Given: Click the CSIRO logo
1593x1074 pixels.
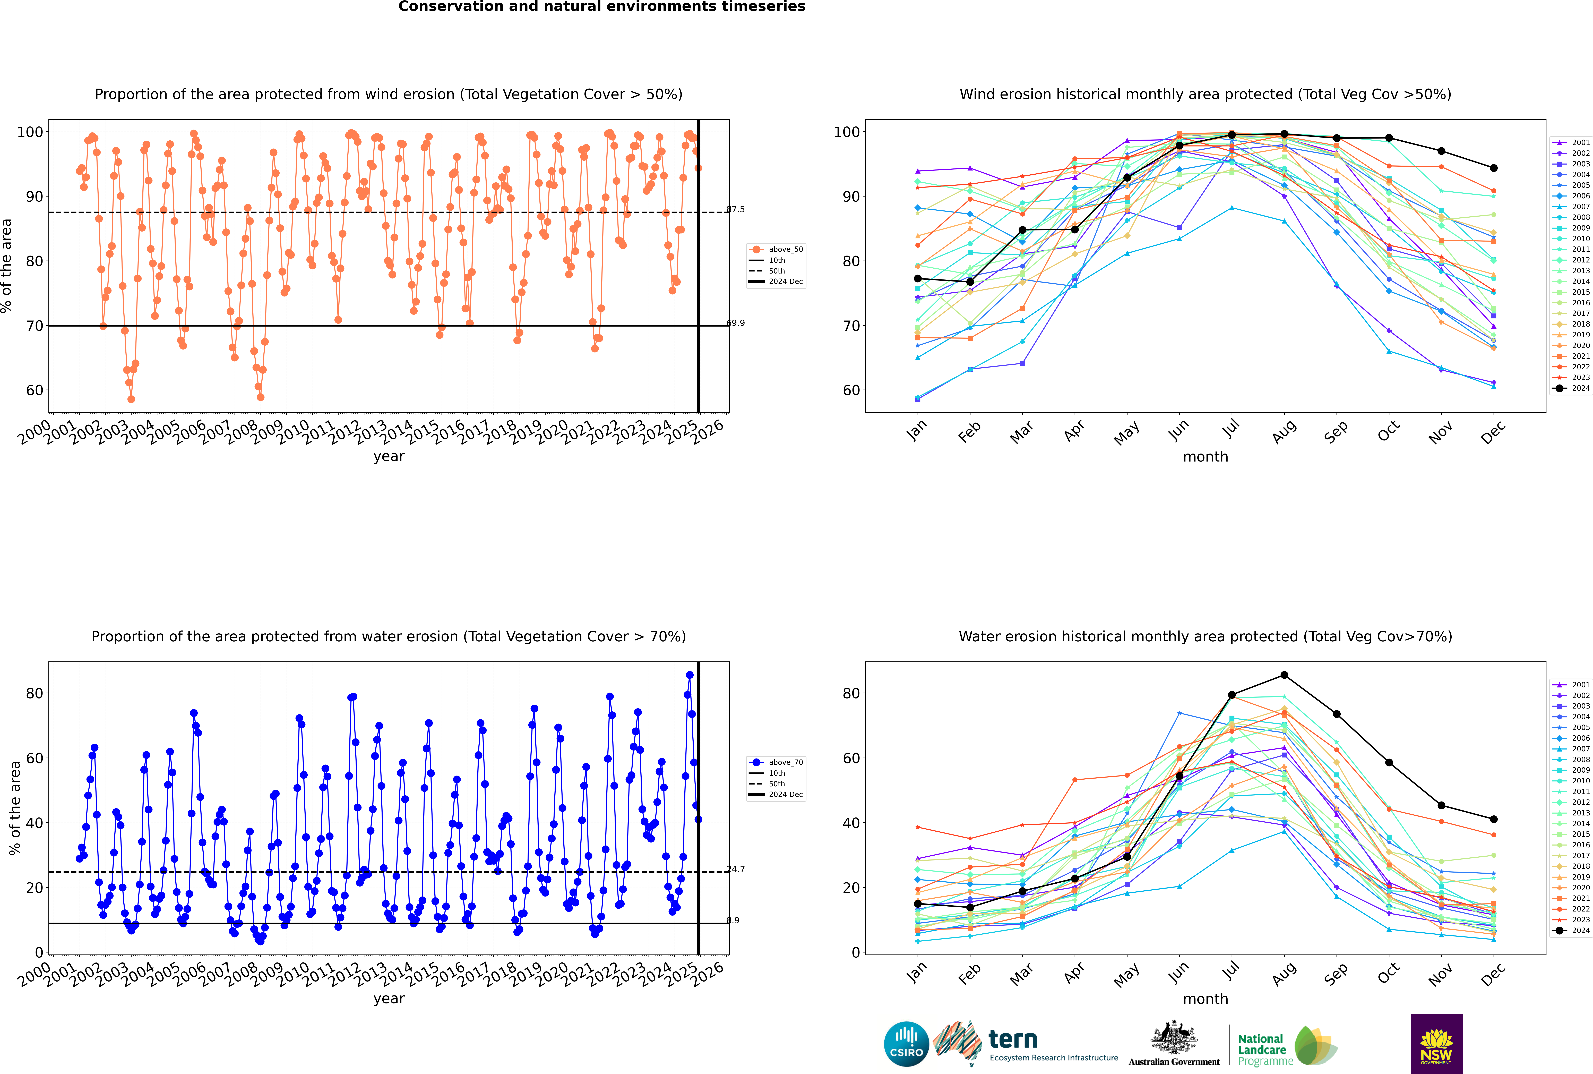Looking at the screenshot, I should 906,1044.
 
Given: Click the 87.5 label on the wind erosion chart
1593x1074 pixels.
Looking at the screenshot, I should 736,210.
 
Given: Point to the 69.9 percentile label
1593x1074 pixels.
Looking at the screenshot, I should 736,323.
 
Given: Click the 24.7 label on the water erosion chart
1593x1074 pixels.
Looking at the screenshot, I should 736,869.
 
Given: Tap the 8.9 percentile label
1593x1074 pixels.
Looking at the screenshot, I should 733,920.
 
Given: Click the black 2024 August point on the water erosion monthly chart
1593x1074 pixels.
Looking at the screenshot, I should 1284,675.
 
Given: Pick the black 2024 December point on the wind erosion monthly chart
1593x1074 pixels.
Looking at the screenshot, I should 1494,168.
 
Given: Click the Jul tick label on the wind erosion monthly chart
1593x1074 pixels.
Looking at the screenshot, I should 1231,429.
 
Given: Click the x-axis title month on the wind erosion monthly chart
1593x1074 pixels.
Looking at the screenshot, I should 1205,457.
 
